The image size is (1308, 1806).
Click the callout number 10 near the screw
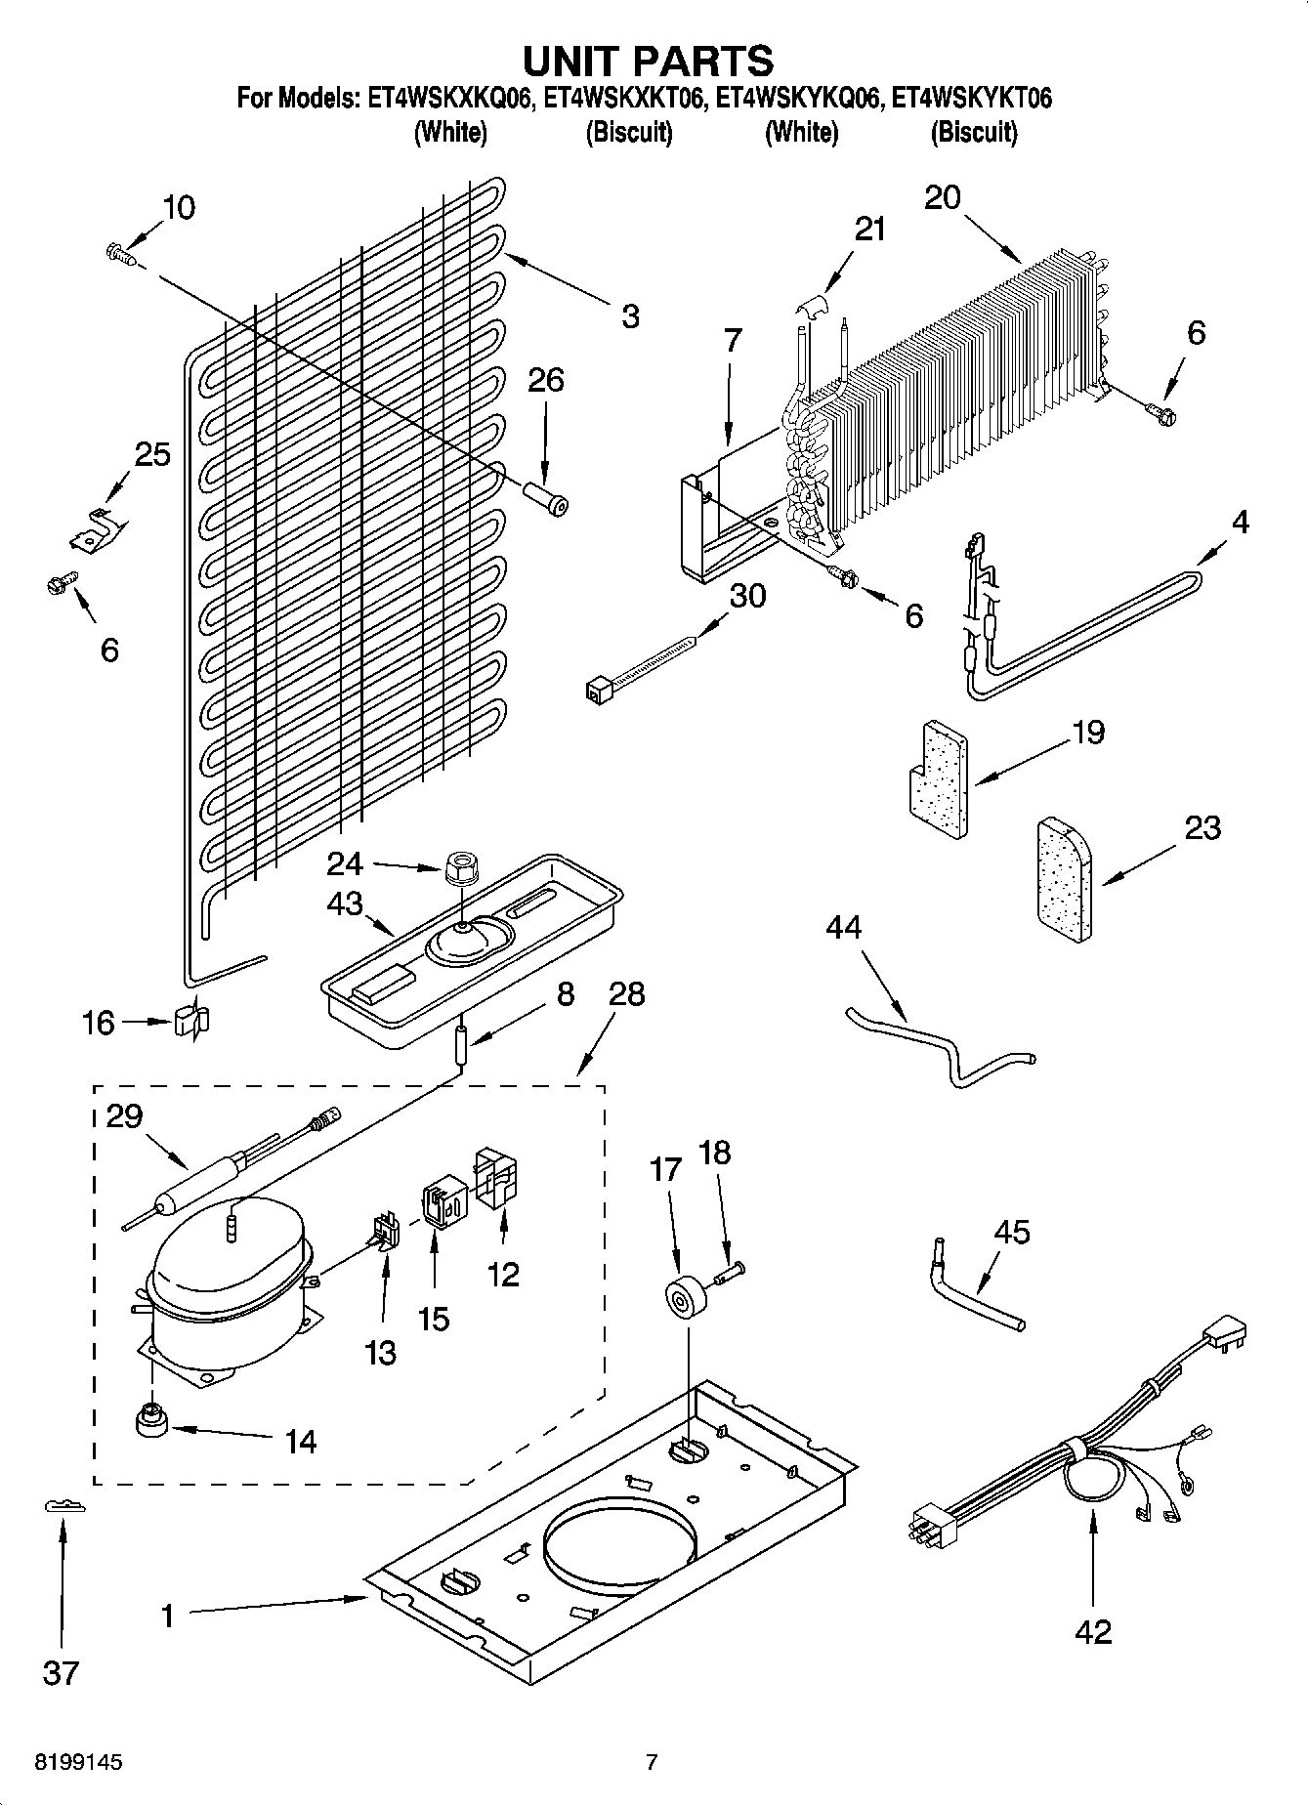pos(178,208)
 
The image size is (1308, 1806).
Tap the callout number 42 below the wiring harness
pos(1093,1631)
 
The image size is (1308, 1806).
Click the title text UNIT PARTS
pos(649,61)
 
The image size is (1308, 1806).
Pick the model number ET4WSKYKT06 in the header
pos(973,99)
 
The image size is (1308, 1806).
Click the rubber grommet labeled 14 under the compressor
pos(152,1422)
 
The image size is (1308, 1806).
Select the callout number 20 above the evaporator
pos(943,197)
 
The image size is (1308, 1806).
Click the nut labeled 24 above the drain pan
pos(455,867)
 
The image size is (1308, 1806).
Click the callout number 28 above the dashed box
pos(625,994)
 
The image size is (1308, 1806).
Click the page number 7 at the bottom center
pos(652,1763)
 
